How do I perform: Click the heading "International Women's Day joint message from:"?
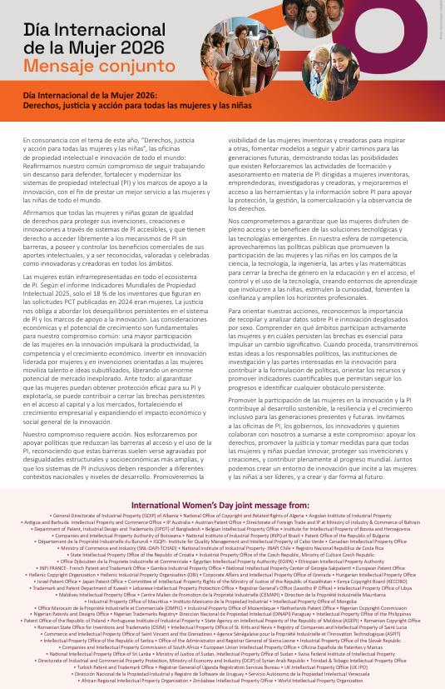222,505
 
